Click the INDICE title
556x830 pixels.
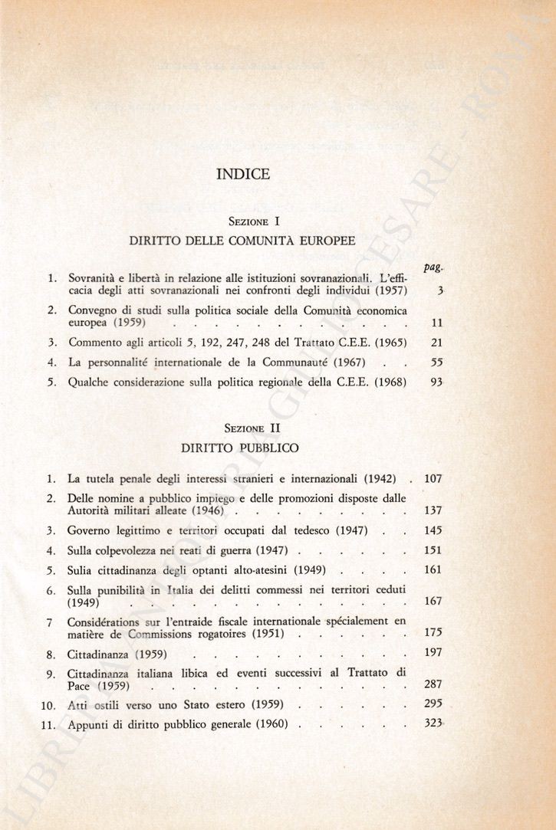pyautogui.click(x=243, y=174)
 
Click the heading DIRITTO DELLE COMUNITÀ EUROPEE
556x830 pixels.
pyautogui.click(x=242, y=240)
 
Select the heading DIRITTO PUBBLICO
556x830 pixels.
pyautogui.click(x=240, y=446)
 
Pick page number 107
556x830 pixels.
pyautogui.click(x=433, y=479)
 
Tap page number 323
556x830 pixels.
pyautogui.click(x=434, y=723)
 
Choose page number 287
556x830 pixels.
pyautogui.click(x=433, y=684)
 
